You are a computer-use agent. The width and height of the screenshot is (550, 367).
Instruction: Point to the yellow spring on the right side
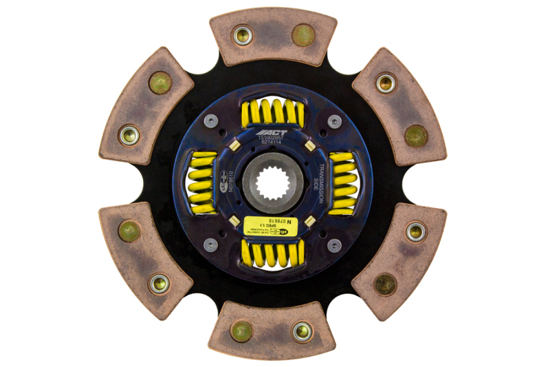point(342,183)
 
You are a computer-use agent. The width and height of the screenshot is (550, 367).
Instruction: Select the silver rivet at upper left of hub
point(211,121)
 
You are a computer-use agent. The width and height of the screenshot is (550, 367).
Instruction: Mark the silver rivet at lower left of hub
point(211,244)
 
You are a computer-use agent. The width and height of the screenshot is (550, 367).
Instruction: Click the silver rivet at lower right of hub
point(334,244)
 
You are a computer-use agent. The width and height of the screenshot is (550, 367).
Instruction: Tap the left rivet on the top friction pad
point(242,35)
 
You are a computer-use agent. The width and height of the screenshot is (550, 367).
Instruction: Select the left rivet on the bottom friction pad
point(242,331)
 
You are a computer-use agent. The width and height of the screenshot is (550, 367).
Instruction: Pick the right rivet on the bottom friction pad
point(302,331)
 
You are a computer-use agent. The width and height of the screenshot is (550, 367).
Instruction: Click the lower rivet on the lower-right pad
point(385,284)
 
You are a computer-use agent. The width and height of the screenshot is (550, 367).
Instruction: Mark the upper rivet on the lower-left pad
point(129,231)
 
